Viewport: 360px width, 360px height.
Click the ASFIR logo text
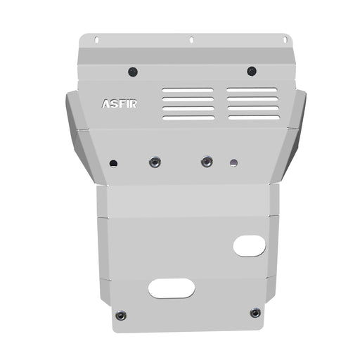[120, 104]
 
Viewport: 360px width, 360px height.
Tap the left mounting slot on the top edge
[96, 40]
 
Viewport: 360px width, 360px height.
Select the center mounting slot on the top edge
[191, 39]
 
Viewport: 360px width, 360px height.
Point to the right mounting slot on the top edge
[285, 40]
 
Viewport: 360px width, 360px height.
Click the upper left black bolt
[133, 72]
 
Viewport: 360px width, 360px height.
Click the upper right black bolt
[252, 71]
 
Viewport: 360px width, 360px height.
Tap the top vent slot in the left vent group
[188, 90]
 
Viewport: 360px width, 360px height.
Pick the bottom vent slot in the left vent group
[188, 118]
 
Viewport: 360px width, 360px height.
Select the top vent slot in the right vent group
[252, 90]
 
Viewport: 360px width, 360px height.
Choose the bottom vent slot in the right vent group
[254, 117]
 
